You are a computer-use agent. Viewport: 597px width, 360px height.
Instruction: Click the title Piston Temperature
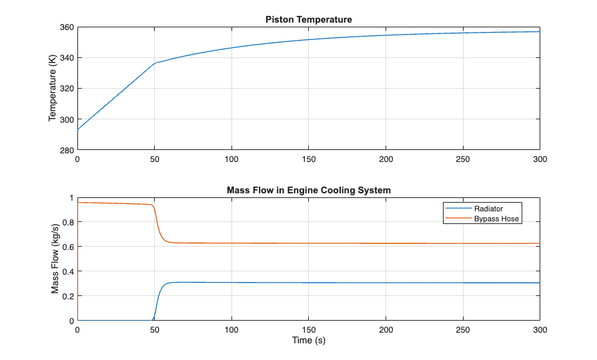point(308,19)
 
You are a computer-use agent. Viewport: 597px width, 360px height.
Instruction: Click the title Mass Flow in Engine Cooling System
point(308,190)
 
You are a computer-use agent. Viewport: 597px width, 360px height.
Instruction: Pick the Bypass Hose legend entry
point(492,218)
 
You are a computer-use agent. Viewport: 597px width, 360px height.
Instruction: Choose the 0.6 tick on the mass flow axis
point(68,247)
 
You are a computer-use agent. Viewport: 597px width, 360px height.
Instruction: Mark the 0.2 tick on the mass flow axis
point(68,296)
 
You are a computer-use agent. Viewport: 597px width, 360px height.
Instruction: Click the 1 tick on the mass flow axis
point(71,198)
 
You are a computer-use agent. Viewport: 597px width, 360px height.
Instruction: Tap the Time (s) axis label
point(308,341)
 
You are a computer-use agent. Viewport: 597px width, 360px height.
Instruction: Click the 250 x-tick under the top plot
point(463,159)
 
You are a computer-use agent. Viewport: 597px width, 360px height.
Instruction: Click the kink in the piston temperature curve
point(155,63)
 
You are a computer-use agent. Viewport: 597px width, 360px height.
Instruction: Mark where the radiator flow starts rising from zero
point(153,320)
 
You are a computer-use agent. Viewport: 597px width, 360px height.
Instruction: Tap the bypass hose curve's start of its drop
point(153,205)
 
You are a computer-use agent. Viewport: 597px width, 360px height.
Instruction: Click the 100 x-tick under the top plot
point(231,159)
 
